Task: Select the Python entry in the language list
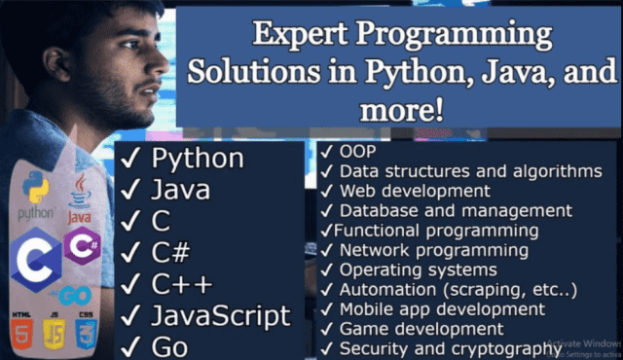198,159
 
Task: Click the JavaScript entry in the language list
221,315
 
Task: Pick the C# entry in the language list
171,253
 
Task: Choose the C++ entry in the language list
181,284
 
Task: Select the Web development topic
415,191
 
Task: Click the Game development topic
421,329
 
